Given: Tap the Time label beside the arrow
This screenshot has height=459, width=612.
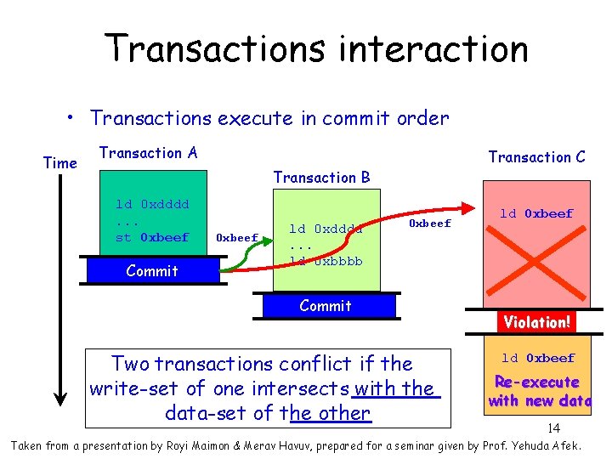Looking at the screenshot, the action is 59,162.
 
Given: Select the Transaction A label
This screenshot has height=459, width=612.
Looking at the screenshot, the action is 148,153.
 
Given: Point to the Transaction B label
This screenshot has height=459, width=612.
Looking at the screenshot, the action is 321,177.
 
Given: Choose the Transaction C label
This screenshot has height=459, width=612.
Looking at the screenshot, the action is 536,156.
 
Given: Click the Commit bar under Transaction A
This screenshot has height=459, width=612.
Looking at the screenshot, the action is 152,271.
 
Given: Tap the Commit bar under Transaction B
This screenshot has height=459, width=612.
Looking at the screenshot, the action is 326,306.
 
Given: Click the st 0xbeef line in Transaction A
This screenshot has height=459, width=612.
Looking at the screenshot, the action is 152,237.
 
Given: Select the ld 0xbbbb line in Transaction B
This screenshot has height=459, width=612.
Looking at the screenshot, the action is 326,261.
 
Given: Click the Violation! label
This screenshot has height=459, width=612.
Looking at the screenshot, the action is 536,322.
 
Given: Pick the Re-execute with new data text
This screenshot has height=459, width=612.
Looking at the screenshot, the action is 537,391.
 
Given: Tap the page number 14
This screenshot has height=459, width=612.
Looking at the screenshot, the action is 552,428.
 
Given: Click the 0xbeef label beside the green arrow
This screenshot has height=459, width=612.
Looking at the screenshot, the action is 237,238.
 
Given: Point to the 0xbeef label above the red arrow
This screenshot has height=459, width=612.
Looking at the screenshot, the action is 430,224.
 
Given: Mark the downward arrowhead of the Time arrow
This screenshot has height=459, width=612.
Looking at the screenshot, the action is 60,396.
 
